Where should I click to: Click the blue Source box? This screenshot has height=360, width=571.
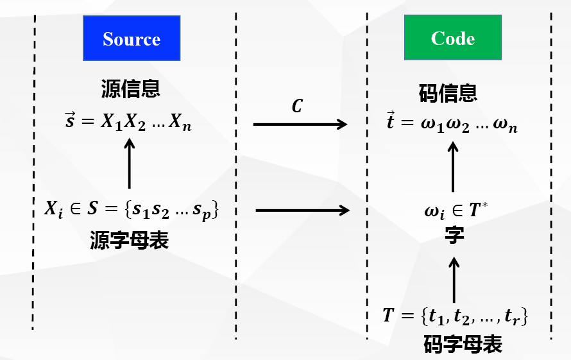[132, 39]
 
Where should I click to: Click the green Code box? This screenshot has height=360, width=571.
[453, 39]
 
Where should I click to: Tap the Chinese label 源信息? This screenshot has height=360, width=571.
[130, 89]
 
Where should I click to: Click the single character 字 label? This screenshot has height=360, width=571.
[454, 236]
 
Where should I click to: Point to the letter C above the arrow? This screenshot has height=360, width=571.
[296, 106]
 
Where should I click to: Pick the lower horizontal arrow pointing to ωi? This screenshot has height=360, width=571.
[302, 210]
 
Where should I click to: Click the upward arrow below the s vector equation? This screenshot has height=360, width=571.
[130, 163]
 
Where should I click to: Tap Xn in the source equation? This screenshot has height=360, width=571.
[181, 124]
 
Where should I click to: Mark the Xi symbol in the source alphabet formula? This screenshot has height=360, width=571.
[54, 209]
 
